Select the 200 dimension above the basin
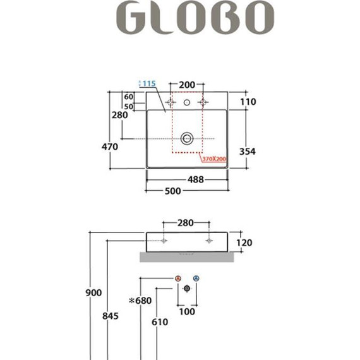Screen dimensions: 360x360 coord(186,84)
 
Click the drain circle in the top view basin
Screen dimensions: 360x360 coord(187,138)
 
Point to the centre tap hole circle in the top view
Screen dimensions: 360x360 coord(187,102)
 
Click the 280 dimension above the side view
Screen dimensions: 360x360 coord(185,222)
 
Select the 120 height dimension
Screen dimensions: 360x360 coord(244,243)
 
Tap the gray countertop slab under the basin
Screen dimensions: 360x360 coord(186,256)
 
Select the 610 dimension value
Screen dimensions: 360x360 coord(160,322)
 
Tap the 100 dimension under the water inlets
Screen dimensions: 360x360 coord(186,311)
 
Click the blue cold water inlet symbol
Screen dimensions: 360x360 coord(196,279)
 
